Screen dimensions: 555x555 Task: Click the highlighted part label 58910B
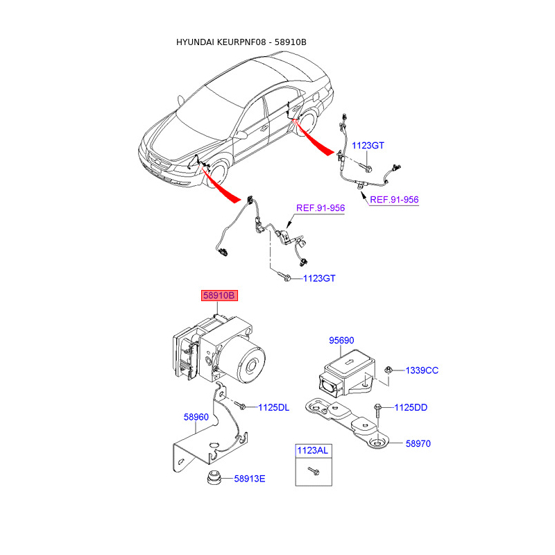219,296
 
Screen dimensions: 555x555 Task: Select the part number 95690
341,341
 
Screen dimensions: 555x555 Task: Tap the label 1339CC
422,370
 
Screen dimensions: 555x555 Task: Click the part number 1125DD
411,407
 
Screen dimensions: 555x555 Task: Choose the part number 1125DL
273,407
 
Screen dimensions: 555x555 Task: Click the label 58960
196,417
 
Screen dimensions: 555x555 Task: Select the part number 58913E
250,478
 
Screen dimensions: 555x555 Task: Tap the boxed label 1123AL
312,450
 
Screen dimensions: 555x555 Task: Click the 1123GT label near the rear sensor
368,146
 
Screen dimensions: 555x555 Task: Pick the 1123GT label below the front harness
318,278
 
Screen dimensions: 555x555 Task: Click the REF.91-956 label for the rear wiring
394,199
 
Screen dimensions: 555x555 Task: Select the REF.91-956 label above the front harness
321,207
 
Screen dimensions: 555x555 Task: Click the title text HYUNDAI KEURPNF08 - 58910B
241,42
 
